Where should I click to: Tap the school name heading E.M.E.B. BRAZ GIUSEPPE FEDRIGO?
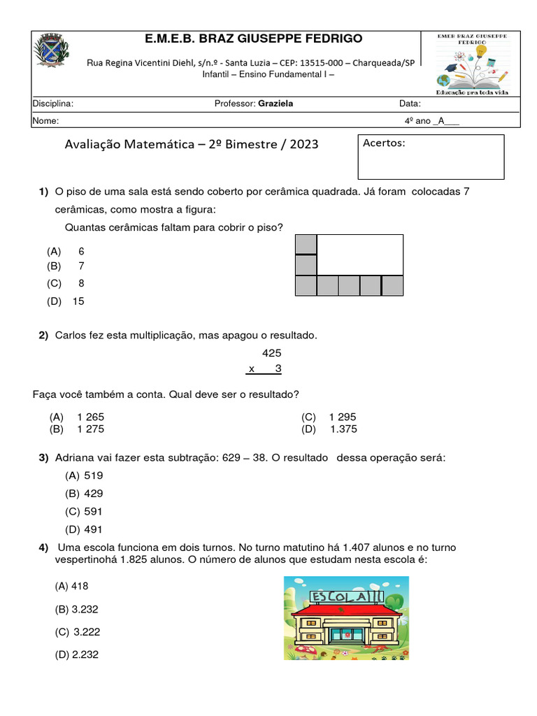(243, 38)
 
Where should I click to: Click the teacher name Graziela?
(275, 104)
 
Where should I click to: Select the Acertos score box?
(431, 157)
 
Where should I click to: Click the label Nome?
(45, 120)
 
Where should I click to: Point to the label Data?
(410, 104)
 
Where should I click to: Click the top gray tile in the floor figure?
(306, 244)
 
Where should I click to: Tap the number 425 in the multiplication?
(271, 354)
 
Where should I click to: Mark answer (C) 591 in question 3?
(84, 512)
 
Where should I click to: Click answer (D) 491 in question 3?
(84, 530)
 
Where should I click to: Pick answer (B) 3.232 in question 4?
(77, 609)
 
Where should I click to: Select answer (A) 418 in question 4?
(72, 587)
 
